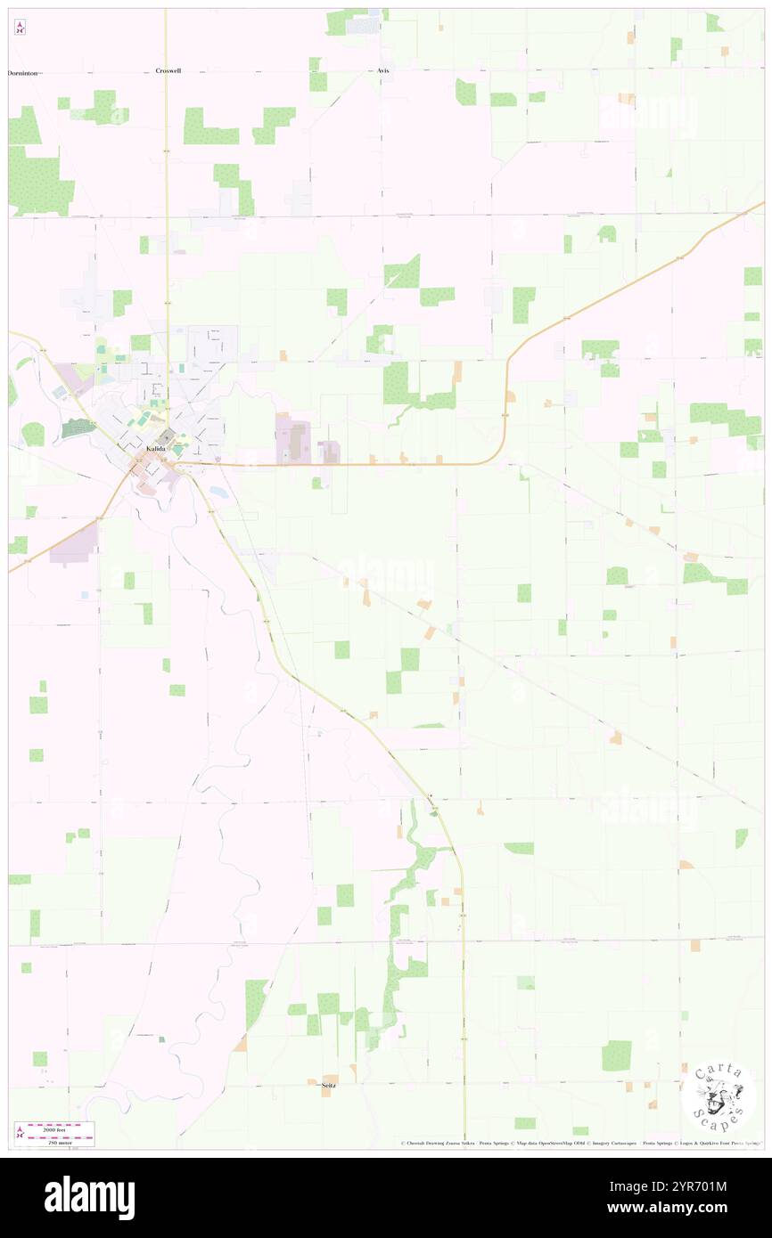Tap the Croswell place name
tap(168, 70)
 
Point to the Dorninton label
tap(23, 72)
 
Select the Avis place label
tap(383, 70)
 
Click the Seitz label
tap(329, 1085)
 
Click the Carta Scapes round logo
tap(719, 1096)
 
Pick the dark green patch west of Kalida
tap(78, 428)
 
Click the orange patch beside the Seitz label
tap(331, 1078)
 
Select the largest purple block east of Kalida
tap(293, 439)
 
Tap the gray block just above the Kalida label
tap(167, 435)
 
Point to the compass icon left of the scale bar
tap(19, 1132)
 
